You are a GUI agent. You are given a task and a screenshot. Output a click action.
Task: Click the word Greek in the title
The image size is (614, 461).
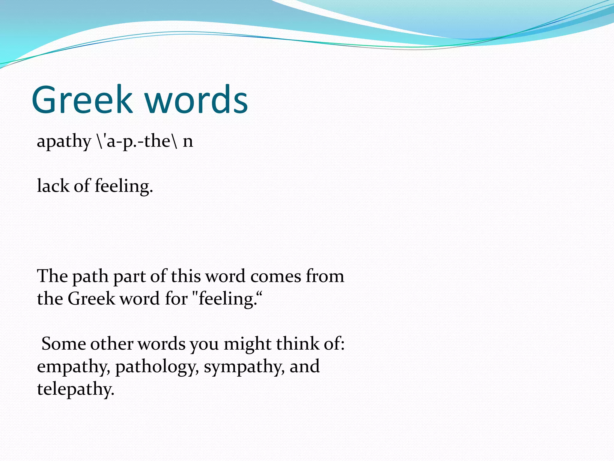[x=82, y=100]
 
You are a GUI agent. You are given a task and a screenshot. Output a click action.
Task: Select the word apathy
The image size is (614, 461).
[x=64, y=142]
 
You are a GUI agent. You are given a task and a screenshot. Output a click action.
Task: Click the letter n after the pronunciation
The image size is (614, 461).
[x=188, y=142]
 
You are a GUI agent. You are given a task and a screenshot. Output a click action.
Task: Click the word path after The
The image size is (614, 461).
[x=90, y=276]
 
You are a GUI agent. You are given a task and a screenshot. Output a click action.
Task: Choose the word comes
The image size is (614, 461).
[x=276, y=276]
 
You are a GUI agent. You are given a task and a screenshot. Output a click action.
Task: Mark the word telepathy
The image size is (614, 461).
[x=76, y=390]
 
